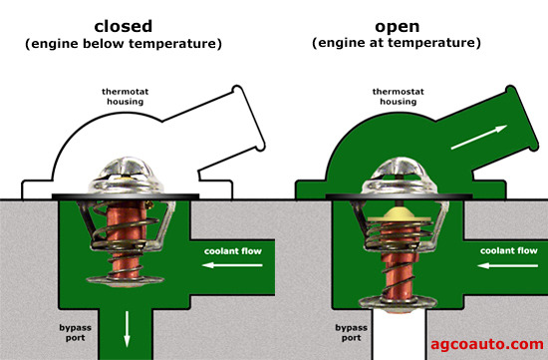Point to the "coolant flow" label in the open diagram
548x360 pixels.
pyautogui.click(x=505, y=250)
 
